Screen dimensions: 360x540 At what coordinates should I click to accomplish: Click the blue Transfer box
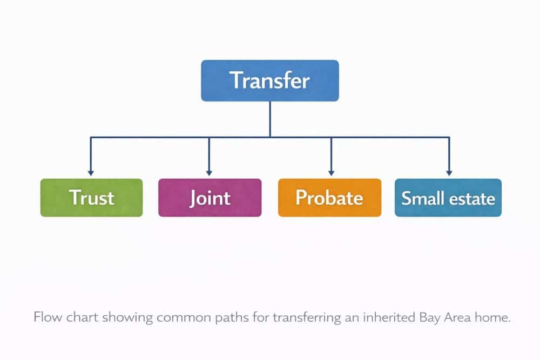(x=270, y=80)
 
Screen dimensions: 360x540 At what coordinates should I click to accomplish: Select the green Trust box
(x=92, y=198)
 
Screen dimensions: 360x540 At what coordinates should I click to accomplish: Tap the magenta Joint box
(x=210, y=198)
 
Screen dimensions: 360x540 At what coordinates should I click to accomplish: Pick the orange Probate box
(x=329, y=198)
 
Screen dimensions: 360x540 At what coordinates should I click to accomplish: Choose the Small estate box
(x=448, y=198)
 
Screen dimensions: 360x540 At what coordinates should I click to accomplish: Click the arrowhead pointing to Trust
(x=91, y=171)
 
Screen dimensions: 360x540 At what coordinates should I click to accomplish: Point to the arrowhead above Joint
(x=209, y=171)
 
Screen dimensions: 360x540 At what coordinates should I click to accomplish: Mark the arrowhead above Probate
(x=330, y=171)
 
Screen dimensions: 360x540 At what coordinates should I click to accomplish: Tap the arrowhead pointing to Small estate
(x=449, y=171)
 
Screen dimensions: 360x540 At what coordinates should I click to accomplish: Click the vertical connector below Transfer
(x=270, y=119)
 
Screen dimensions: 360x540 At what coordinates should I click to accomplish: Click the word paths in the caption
(x=234, y=317)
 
